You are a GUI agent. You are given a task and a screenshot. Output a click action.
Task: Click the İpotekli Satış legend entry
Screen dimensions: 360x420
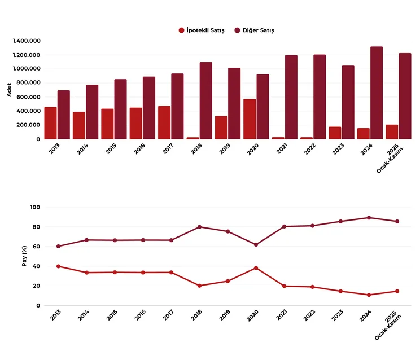pyautogui.click(x=202, y=30)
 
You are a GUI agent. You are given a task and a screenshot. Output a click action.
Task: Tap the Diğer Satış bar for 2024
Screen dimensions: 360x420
pyautogui.click(x=377, y=93)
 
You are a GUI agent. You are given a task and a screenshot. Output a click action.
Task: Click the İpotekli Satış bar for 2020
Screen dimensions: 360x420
pyautogui.click(x=250, y=119)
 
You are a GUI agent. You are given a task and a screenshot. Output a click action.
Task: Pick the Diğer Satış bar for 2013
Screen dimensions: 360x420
pyautogui.click(x=64, y=115)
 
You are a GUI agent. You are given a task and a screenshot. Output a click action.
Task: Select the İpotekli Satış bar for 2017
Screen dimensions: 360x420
pyautogui.click(x=164, y=122)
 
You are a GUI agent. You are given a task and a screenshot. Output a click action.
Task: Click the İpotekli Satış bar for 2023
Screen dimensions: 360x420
pyautogui.click(x=335, y=133)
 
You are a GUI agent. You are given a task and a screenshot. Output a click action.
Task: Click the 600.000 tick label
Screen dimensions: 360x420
pyautogui.click(x=28, y=97)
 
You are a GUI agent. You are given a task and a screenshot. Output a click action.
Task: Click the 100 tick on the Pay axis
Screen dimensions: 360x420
pyautogui.click(x=35, y=207)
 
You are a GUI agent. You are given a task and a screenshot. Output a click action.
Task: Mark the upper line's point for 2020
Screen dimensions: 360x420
pyautogui.click(x=256, y=245)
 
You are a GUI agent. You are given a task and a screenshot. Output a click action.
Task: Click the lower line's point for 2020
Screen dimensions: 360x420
pyautogui.click(x=256, y=267)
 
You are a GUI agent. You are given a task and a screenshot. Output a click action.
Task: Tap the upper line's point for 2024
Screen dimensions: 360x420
pyautogui.click(x=369, y=217)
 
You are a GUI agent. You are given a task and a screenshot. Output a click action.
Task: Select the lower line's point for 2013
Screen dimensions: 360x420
pyautogui.click(x=58, y=266)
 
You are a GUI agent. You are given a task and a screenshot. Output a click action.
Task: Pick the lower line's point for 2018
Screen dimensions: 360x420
pyautogui.click(x=199, y=286)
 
